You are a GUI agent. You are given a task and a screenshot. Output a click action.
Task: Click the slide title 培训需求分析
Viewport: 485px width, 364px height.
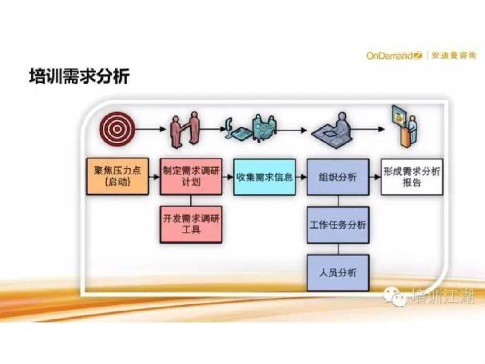point(79,76)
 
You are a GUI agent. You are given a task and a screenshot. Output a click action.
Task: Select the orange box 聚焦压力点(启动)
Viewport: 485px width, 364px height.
point(117,176)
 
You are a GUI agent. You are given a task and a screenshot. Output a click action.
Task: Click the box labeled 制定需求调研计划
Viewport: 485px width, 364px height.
point(191,176)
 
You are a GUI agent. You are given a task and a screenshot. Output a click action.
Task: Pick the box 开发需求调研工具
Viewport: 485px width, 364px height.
point(191,224)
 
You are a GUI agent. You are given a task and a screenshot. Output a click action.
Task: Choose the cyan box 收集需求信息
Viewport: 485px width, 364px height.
point(265,177)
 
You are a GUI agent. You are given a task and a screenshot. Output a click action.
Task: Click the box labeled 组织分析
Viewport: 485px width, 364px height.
point(338,177)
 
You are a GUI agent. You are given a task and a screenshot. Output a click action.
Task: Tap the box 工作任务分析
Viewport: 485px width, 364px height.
point(338,225)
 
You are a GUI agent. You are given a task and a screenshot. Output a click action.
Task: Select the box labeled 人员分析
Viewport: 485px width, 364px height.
point(338,273)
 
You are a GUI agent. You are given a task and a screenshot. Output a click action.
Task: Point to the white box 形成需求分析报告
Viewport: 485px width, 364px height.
point(412,177)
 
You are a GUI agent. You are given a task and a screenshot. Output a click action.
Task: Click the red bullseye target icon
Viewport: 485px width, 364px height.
point(117,129)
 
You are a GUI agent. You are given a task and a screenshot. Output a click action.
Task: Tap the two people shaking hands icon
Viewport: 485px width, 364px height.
point(185,129)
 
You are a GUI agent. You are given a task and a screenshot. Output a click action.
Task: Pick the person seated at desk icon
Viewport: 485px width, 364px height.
point(332,130)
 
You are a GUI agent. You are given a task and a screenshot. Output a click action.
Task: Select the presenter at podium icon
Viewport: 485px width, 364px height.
point(405,126)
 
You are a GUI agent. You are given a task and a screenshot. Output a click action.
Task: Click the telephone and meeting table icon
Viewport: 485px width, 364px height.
point(251,128)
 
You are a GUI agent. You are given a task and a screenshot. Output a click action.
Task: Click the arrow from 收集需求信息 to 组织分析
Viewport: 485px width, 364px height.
point(301,177)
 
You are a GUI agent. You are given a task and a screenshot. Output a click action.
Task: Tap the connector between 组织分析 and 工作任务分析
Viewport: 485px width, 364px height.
point(338,201)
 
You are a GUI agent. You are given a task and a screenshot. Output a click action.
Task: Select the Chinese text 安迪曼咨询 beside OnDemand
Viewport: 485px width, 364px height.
point(454,56)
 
